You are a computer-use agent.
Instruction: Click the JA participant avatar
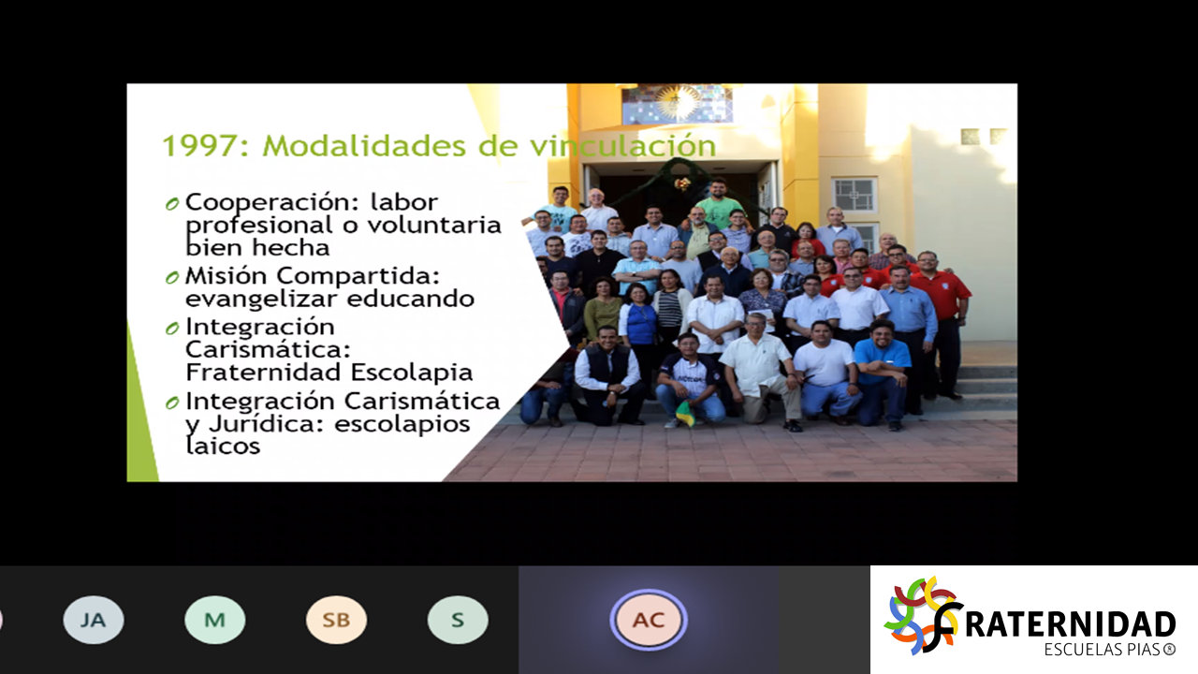tap(94, 620)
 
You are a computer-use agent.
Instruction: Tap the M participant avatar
tap(215, 620)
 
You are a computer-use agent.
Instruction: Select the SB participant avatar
tap(336, 620)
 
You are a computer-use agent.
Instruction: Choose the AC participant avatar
tap(649, 620)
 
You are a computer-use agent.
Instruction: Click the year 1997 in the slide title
tap(199, 145)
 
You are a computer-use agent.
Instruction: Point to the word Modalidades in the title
tap(364, 145)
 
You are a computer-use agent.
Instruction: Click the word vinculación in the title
tap(623, 145)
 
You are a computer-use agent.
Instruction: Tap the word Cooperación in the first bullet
tap(271, 203)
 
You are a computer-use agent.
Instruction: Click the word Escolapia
tap(411, 373)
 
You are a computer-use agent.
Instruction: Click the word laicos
tap(223, 445)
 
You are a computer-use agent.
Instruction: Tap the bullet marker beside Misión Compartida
tap(172, 277)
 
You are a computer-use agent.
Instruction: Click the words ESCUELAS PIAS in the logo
tap(1103, 650)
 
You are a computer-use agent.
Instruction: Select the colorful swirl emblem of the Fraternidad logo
tap(921, 615)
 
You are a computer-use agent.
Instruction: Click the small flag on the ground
tap(685, 414)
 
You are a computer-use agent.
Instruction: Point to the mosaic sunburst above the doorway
tap(677, 103)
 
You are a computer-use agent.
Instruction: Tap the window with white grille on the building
tap(855, 195)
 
